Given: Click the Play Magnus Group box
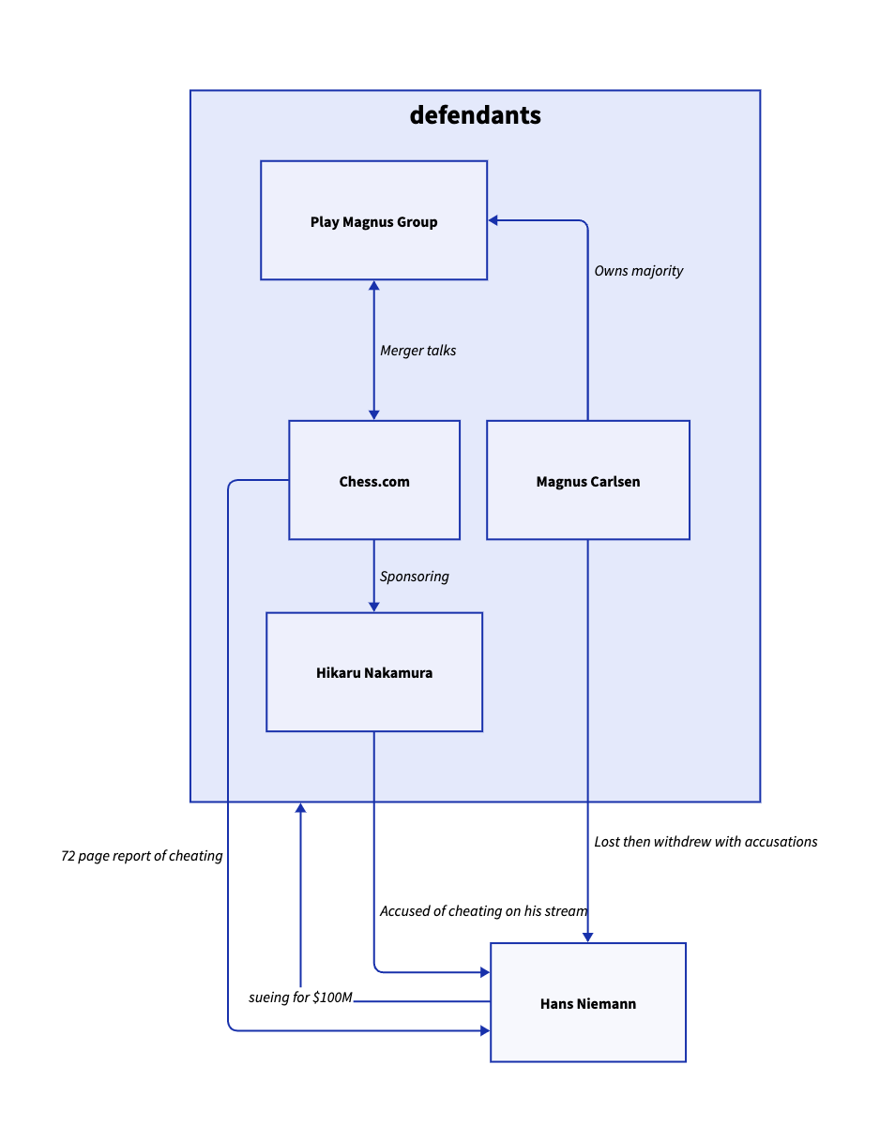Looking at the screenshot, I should point(373,220).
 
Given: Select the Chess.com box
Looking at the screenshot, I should point(374,480).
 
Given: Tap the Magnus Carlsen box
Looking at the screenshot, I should point(588,480).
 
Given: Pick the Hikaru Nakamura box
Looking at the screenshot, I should point(374,672).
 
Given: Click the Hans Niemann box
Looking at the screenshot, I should point(588,1002).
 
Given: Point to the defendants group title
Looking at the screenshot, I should point(476,115).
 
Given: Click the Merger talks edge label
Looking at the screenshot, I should point(418,351).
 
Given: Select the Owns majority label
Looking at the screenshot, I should point(639,271).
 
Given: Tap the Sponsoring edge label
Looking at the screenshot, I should point(415,577).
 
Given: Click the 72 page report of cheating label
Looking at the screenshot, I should point(142,856).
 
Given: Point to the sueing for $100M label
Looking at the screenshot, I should point(300,997).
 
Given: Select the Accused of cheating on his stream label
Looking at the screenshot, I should point(484,911).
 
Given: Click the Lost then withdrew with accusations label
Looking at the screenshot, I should point(705,842).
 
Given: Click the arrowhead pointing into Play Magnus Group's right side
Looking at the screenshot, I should point(493,220).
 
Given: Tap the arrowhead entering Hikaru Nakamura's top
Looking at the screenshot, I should point(374,607).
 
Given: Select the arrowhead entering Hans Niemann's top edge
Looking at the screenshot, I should point(588,937).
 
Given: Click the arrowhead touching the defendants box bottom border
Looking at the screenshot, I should point(301,808).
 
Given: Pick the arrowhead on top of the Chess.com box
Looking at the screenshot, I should point(374,414).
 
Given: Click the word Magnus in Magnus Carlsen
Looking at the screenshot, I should point(561,482).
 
